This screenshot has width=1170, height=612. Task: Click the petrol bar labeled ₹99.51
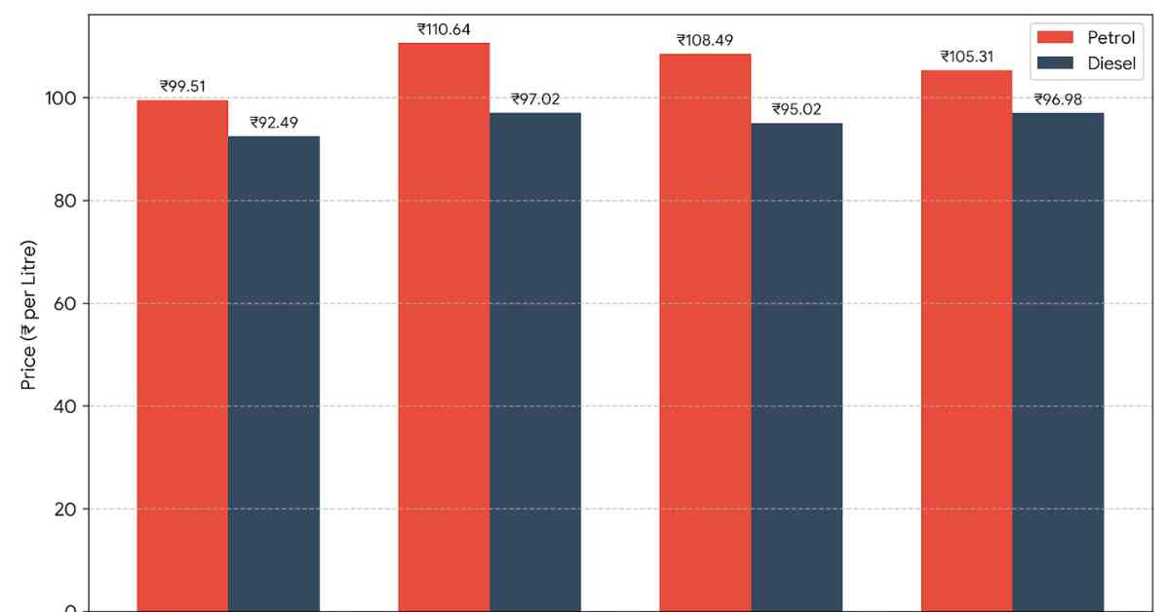point(182,356)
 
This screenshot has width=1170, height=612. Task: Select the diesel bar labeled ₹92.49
point(274,374)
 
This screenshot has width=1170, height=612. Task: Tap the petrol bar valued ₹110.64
point(444,326)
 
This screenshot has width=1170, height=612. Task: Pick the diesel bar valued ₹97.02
point(535,362)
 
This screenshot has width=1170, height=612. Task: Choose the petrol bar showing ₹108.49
point(705,332)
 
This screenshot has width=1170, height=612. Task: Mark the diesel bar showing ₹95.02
point(797,367)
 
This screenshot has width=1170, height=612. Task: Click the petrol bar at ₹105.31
point(967,340)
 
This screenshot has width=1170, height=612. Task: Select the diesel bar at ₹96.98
point(1058,362)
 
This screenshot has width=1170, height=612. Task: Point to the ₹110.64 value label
point(444,29)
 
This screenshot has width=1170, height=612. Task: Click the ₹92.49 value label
point(274,122)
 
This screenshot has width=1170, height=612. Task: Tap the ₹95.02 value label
point(797,109)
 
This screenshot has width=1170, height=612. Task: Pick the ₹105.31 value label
point(967,57)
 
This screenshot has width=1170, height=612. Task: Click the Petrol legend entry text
point(1111,38)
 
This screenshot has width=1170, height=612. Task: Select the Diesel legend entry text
point(1111,63)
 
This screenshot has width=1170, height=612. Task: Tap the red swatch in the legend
point(1055,37)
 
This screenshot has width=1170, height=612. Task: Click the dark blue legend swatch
point(1055,62)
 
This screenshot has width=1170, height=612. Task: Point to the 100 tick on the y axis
point(60,98)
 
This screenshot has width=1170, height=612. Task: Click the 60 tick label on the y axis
point(65,303)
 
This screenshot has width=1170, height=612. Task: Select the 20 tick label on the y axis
point(65,509)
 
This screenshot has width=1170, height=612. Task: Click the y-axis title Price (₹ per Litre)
point(28,315)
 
